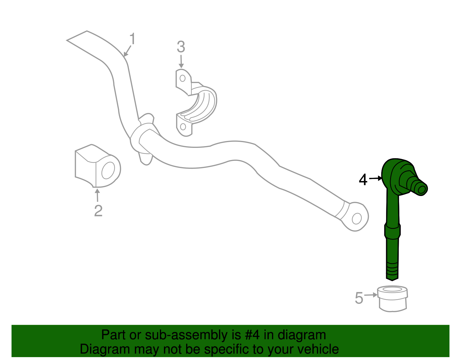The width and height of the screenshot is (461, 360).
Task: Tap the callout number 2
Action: [x=98, y=211]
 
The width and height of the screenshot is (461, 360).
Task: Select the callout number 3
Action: [x=181, y=47]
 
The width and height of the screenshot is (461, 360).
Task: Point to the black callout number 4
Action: [x=363, y=180]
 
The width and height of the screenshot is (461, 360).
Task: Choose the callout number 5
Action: [x=359, y=298]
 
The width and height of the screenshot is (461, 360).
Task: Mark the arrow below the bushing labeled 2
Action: [x=97, y=195]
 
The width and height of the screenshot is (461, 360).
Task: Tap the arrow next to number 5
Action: [x=371, y=295]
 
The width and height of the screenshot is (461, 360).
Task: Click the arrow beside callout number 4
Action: [x=376, y=179]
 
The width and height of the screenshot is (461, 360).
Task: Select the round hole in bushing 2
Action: [x=108, y=170]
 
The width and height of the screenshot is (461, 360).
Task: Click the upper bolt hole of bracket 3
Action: [x=182, y=78]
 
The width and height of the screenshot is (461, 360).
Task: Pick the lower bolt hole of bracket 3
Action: [x=183, y=126]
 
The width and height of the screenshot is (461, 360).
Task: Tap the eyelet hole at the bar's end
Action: [x=357, y=218]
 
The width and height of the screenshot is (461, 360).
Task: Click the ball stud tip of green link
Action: [x=422, y=189]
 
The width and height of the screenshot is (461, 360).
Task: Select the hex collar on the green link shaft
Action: [x=392, y=231]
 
